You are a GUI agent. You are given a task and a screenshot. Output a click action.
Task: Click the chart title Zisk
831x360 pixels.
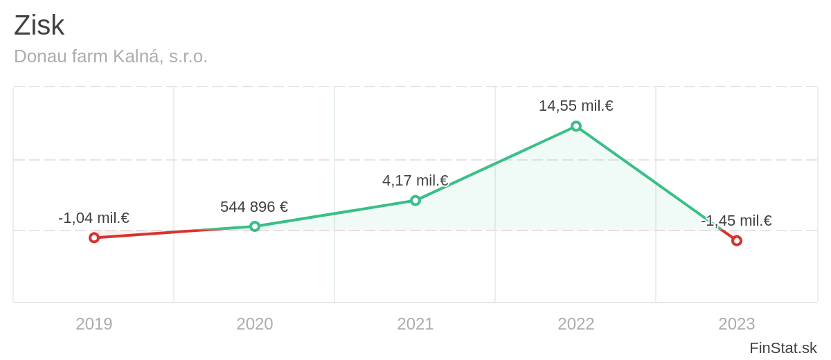click(x=39, y=26)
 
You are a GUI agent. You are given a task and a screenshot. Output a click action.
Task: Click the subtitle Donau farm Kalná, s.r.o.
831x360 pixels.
click(x=111, y=56)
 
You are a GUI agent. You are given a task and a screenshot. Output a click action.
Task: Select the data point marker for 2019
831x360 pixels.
click(x=94, y=237)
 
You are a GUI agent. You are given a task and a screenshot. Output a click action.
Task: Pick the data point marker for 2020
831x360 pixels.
click(x=255, y=226)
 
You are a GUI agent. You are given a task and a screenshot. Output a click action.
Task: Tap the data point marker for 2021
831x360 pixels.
click(x=415, y=200)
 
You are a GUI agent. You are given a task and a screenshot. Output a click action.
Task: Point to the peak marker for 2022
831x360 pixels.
click(x=576, y=126)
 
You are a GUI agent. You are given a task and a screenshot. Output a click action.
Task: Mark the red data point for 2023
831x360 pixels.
click(x=737, y=240)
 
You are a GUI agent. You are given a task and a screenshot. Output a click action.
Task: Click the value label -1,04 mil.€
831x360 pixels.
click(x=93, y=218)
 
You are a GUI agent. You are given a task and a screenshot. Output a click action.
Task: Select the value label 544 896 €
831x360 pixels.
click(x=254, y=207)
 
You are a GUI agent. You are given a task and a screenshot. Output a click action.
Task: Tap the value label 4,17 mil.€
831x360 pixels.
click(x=415, y=181)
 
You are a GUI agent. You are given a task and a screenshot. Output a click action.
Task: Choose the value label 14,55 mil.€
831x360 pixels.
click(x=576, y=106)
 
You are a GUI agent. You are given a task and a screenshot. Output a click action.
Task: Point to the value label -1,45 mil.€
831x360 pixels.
click(x=736, y=221)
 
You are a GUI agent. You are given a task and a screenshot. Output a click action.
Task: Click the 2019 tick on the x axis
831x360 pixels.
click(x=94, y=324)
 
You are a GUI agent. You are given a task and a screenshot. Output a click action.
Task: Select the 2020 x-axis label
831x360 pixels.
click(x=255, y=324)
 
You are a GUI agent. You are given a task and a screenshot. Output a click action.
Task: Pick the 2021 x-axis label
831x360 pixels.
click(x=415, y=324)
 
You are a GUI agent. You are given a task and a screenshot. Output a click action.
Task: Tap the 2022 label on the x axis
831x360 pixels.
click(x=576, y=324)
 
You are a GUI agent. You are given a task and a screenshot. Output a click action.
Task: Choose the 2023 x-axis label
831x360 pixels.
click(x=737, y=324)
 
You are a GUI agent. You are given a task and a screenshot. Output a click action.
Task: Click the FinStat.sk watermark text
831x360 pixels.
click(x=783, y=348)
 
